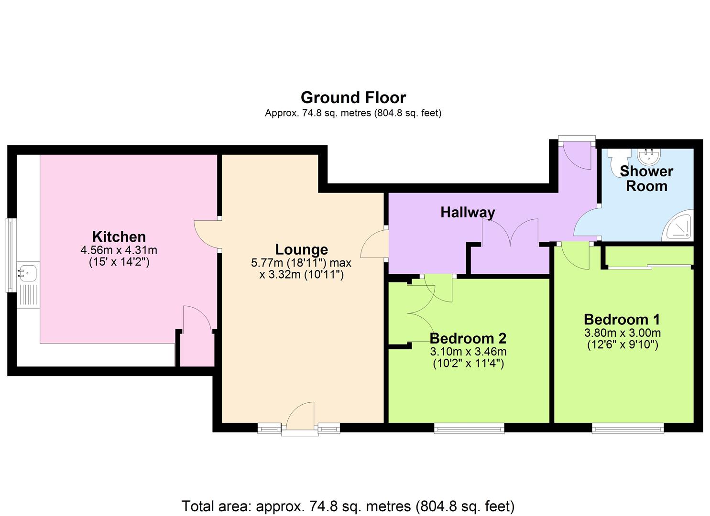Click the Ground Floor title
[x=353, y=97]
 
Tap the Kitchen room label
[x=119, y=236]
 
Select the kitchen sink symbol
[x=27, y=273]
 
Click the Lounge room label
[x=301, y=249]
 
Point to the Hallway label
[x=467, y=212]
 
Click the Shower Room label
[x=646, y=178]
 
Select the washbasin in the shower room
[x=649, y=155]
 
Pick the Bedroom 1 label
[x=622, y=319]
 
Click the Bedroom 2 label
[x=468, y=338]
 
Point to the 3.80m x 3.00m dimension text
[x=622, y=333]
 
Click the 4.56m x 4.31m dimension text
[x=119, y=250]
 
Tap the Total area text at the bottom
[x=348, y=505]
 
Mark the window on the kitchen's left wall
[x=11, y=255]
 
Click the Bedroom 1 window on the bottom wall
[x=627, y=429]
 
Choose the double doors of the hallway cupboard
[x=510, y=233]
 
